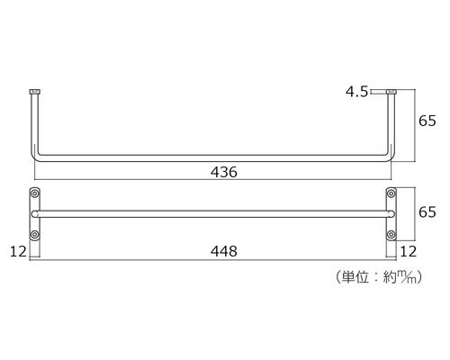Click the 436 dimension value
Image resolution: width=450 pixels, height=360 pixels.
[224, 172]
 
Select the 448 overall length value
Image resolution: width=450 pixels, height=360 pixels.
[224, 251]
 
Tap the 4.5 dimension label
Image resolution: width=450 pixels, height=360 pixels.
[356, 92]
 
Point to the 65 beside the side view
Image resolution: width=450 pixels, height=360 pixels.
[427, 121]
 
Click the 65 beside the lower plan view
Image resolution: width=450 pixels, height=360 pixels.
[427, 211]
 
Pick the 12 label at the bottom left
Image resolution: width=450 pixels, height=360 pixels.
[18, 251]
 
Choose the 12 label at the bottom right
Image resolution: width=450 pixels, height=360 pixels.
[409, 251]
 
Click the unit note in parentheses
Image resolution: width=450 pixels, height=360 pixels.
[379, 277]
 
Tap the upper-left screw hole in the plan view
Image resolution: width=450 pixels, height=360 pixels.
[35, 193]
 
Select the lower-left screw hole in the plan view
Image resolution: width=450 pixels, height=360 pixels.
[35, 234]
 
